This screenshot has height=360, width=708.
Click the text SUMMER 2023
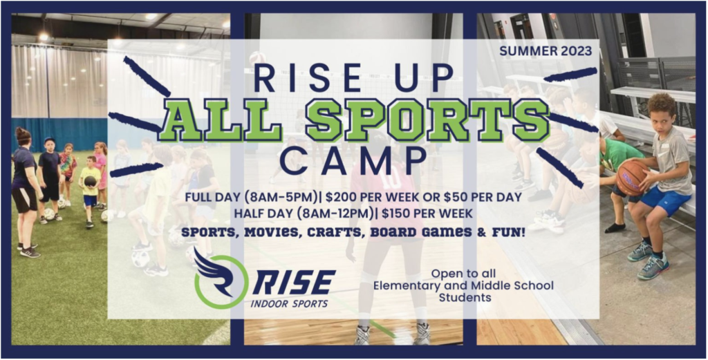pyautogui.click(x=546, y=51)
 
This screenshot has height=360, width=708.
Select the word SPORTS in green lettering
pyautogui.click(x=427, y=120)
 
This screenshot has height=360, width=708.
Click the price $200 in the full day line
pyautogui.click(x=344, y=197)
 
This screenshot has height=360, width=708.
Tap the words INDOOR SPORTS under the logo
pyautogui.click(x=289, y=303)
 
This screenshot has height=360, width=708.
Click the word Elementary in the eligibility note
pyautogui.click(x=404, y=285)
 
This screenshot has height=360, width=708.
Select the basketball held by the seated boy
pyautogui.click(x=632, y=178)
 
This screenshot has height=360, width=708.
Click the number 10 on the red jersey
pyautogui.click(x=392, y=179)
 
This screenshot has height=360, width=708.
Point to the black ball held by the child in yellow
pyautogui.click(x=91, y=181)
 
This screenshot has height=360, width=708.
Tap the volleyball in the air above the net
pyautogui.click(x=257, y=59)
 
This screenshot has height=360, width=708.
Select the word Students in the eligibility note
pyautogui.click(x=465, y=298)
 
